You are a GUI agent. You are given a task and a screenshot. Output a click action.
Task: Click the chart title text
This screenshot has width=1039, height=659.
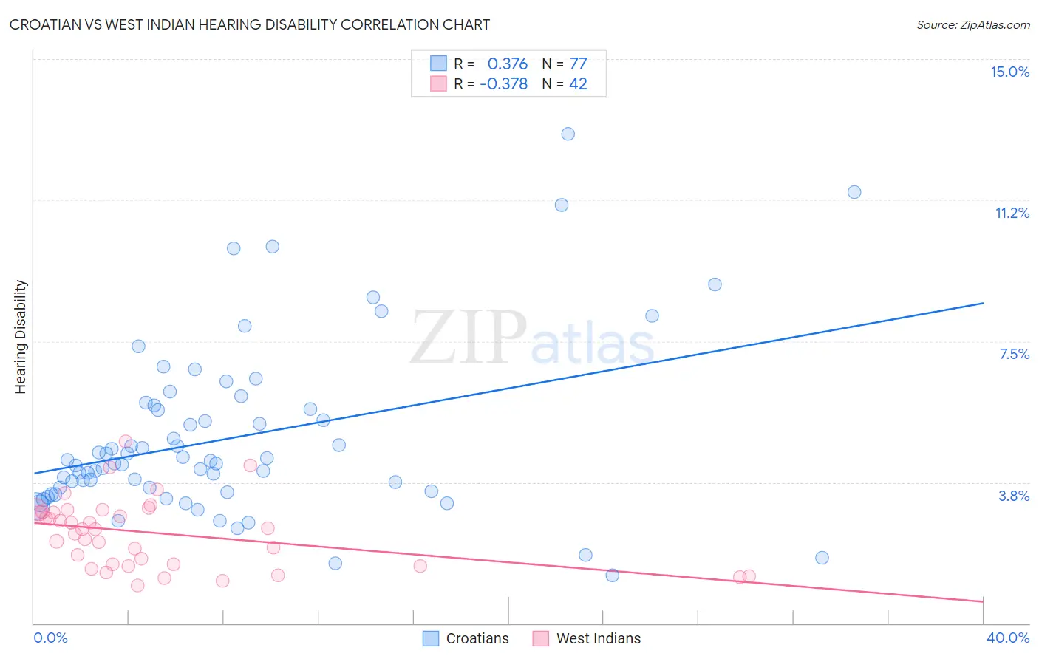tap(250, 24)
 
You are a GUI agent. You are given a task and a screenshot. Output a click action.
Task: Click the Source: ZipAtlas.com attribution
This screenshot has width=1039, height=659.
tap(972, 24)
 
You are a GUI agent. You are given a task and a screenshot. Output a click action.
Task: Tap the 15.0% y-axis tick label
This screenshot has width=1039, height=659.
tap(1009, 72)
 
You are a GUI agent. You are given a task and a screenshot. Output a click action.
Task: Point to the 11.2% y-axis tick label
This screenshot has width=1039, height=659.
tap(1012, 213)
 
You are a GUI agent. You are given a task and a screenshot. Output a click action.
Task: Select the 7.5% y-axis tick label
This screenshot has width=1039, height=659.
tap(1014, 354)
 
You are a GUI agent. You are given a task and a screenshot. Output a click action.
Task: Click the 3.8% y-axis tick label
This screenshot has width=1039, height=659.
tap(1014, 496)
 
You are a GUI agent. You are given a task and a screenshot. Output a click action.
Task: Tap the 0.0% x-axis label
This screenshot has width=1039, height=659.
tap(50, 638)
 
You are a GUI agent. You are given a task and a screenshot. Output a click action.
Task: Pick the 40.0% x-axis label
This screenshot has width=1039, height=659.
tap(1007, 638)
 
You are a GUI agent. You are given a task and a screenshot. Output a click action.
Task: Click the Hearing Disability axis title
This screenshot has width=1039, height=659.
tap(21, 336)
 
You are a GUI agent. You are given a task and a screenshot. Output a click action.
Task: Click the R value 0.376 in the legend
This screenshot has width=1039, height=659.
tap(507, 64)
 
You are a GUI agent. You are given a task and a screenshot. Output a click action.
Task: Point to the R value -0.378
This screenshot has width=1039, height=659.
tap(503, 83)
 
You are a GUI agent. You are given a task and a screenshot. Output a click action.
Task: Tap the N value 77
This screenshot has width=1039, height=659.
tap(578, 64)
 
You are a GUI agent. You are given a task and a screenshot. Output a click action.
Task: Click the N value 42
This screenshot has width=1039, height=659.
tap(578, 83)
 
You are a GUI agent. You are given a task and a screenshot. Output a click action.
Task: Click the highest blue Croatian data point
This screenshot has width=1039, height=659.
tap(568, 134)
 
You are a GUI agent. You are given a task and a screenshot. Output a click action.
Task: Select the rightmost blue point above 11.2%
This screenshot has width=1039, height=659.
tap(854, 192)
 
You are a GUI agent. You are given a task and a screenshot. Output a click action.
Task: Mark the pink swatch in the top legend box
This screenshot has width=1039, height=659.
tap(439, 83)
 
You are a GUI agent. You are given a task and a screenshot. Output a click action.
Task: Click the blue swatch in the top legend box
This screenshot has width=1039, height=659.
tap(439, 64)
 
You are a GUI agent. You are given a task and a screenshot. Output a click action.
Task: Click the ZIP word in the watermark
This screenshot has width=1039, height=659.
tap(469, 338)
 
